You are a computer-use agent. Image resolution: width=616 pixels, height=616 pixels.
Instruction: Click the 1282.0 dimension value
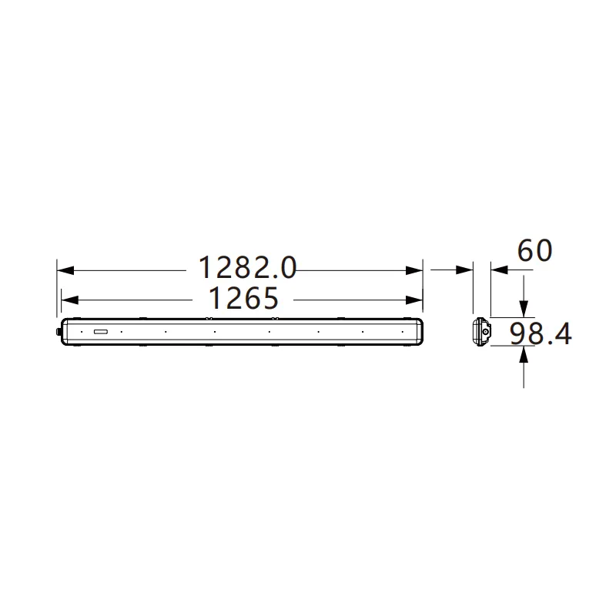pos(247,267)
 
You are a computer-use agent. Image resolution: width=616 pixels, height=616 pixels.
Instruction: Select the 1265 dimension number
pos(243,298)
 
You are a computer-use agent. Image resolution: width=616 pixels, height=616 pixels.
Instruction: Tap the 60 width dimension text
pos(534,250)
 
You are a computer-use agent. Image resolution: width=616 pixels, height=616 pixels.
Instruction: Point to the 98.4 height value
pos(541,334)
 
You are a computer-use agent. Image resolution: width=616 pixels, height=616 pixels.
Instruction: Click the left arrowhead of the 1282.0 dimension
pos(65,270)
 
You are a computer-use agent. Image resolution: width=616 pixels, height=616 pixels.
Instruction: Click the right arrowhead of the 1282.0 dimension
pos(414,270)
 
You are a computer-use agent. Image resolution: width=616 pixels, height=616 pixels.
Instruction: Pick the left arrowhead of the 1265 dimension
pos(70,300)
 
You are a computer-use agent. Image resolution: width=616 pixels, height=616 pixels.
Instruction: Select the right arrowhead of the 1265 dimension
pos(414,300)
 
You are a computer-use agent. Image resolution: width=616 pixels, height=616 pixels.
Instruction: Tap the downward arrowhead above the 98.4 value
pos(524,309)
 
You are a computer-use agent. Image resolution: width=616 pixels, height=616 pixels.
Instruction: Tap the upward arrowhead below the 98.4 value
pos(524,354)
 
